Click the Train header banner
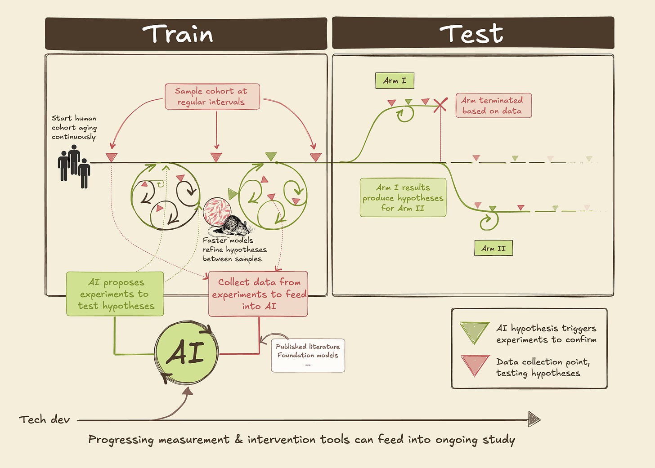pyautogui.click(x=186, y=34)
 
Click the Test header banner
pyautogui.click(x=473, y=33)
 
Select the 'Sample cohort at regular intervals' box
pyautogui.click(x=212, y=96)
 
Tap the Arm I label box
pyautogui.click(x=395, y=80)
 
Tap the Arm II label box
pyautogui.click(x=493, y=248)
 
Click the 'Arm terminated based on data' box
pyautogui.click(x=493, y=106)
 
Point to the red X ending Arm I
pyautogui.click(x=440, y=105)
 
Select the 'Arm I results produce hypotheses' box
pyautogui.click(x=403, y=197)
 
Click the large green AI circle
pyautogui.click(x=186, y=352)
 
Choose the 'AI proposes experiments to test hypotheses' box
pyautogui.click(x=115, y=294)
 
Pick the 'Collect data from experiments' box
pyautogui.click(x=258, y=294)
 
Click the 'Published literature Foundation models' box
pyautogui.click(x=308, y=355)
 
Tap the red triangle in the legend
pyautogui.click(x=475, y=364)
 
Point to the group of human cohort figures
pyautogui.click(x=74, y=166)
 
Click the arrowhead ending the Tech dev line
pyautogui.click(x=534, y=419)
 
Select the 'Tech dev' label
pyautogui.click(x=45, y=419)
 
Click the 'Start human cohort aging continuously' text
pyautogui.click(x=74, y=127)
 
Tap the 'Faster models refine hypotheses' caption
pyautogui.click(x=235, y=250)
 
